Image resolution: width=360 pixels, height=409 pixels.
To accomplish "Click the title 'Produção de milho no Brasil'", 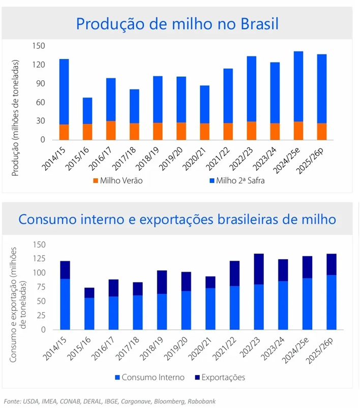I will (177, 23).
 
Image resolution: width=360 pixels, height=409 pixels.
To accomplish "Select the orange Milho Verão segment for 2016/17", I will (111, 130).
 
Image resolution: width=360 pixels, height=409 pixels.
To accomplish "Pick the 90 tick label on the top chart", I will (41, 83).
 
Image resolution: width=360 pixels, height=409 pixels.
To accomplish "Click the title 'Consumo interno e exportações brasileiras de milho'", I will (177, 219).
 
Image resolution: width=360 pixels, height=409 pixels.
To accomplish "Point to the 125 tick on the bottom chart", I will (39, 259).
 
